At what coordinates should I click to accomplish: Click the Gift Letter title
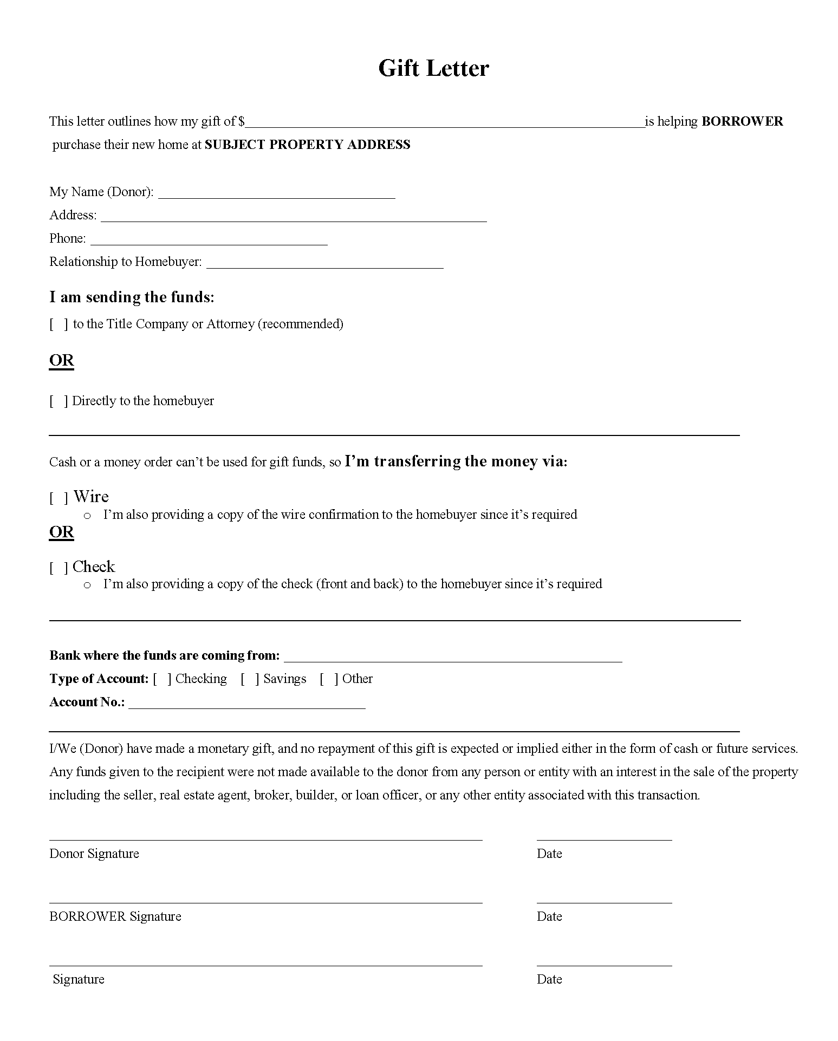pyautogui.click(x=433, y=69)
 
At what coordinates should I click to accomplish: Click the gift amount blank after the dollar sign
pyautogui.click(x=444, y=122)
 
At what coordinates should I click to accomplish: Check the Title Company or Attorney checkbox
pyautogui.click(x=59, y=324)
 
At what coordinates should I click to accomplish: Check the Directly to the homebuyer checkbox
pyautogui.click(x=59, y=401)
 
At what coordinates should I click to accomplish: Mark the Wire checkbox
pyautogui.click(x=59, y=498)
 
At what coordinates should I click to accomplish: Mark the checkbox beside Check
pyautogui.click(x=59, y=568)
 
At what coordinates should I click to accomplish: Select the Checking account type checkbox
pyautogui.click(x=162, y=679)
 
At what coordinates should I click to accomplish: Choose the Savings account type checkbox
pyautogui.click(x=250, y=679)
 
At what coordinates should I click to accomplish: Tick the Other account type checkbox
pyautogui.click(x=329, y=679)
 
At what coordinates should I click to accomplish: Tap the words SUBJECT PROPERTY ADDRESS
pyautogui.click(x=307, y=145)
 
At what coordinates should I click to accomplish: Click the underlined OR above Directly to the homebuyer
pyautogui.click(x=61, y=361)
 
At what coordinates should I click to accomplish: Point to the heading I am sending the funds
pyautogui.click(x=132, y=297)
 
